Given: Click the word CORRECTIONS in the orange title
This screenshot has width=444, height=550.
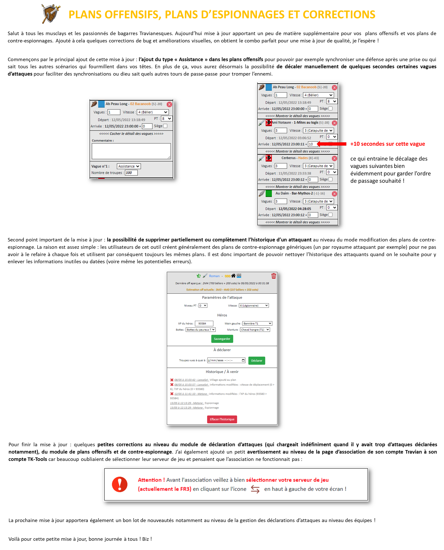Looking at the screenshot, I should pos(339,15).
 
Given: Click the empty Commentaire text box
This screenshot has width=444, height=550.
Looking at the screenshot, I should pos(131,151).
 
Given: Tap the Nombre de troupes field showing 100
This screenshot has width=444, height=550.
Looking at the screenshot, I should pos(131,173).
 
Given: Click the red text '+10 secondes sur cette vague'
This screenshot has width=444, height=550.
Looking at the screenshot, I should pos(387,144).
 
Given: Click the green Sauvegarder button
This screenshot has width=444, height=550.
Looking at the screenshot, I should pos(222,339).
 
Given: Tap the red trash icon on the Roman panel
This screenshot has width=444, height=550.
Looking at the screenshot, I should pos(273,276).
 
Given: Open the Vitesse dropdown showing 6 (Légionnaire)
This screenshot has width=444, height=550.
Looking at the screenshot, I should pos(254,305).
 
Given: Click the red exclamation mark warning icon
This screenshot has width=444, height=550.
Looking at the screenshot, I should pos(119,484).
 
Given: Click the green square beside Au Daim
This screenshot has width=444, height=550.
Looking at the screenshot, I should pos(269,193).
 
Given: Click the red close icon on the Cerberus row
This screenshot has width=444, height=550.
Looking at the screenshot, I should pos(334,158).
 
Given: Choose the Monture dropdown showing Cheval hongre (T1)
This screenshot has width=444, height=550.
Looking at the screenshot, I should pos(255,330).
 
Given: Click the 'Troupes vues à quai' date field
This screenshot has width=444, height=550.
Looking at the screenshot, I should pos(226,360).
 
